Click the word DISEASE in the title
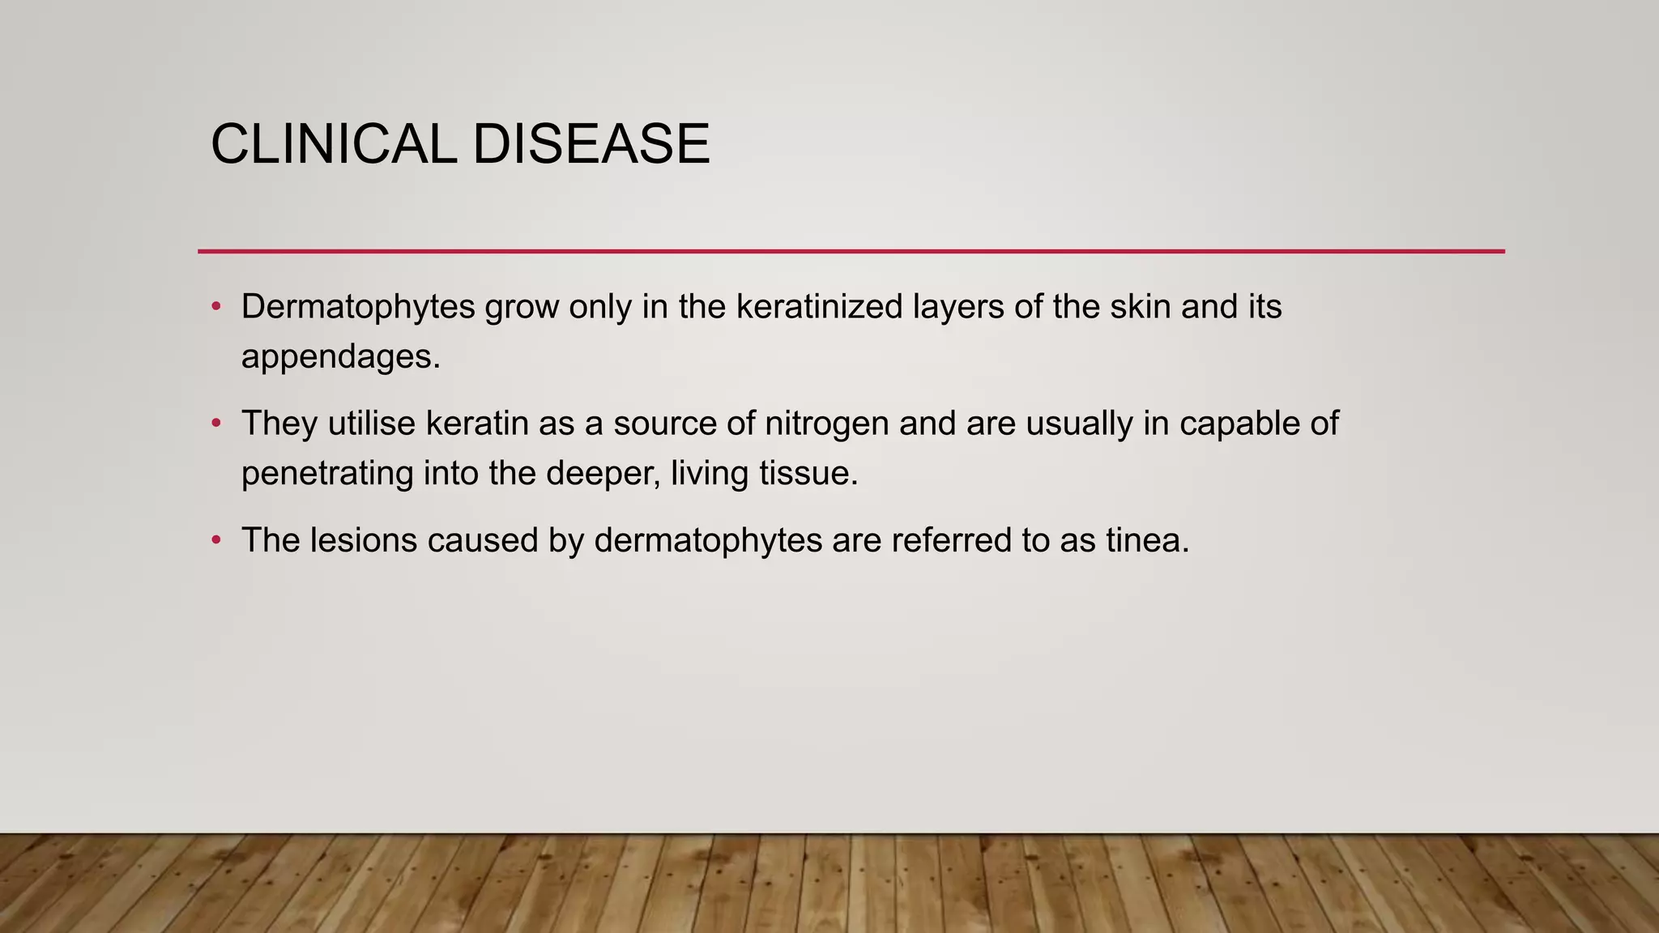click(x=591, y=144)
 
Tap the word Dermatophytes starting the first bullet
click(x=358, y=308)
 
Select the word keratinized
click(x=819, y=307)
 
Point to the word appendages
click(x=340, y=357)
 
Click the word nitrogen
click(x=826, y=424)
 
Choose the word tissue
click(x=808, y=473)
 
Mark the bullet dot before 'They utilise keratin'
click(x=216, y=423)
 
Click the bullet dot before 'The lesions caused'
click(x=216, y=539)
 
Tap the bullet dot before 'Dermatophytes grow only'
click(x=216, y=306)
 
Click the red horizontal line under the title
click(x=851, y=251)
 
